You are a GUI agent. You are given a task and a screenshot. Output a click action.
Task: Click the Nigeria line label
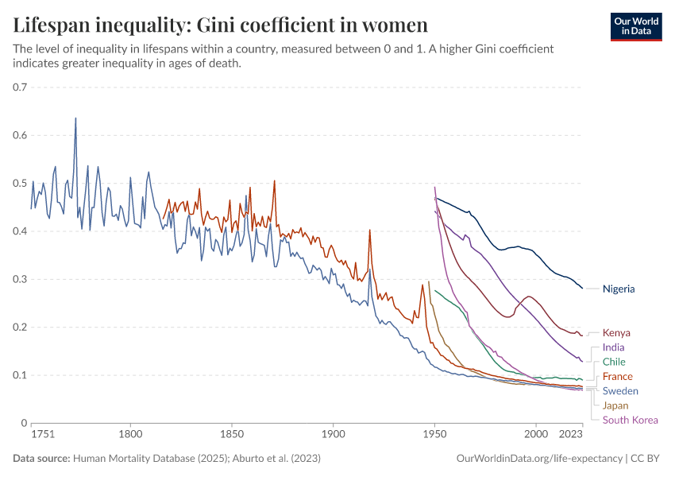pyautogui.click(x=619, y=289)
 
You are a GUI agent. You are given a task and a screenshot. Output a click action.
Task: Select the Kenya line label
pyautogui.click(x=616, y=333)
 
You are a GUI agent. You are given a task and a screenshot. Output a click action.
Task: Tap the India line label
pyautogui.click(x=614, y=347)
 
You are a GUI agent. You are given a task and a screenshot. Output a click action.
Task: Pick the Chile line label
pyautogui.click(x=615, y=362)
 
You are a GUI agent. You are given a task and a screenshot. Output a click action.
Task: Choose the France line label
pyautogui.click(x=617, y=376)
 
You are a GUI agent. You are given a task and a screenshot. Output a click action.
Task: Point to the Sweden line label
pyautogui.click(x=620, y=390)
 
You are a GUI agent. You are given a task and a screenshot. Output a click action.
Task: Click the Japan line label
pyautogui.click(x=615, y=405)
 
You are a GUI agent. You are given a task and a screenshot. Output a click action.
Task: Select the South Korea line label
pyautogui.click(x=630, y=420)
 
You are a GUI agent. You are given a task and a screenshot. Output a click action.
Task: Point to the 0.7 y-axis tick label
pyautogui.click(x=20, y=87)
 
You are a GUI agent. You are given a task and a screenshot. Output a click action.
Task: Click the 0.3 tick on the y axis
pyautogui.click(x=20, y=279)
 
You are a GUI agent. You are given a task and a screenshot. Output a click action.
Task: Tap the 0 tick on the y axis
pyautogui.click(x=24, y=423)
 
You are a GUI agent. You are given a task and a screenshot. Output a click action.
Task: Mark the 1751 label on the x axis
pyautogui.click(x=42, y=435)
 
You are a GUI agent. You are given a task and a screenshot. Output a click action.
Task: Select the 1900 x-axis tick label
pyautogui.click(x=334, y=435)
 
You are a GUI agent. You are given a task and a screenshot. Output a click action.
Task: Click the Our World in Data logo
pyautogui.click(x=636, y=25)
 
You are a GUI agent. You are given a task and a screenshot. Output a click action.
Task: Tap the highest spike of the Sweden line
pyautogui.click(x=75, y=118)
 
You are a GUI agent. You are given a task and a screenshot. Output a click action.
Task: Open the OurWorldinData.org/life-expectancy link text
pyautogui.click(x=540, y=459)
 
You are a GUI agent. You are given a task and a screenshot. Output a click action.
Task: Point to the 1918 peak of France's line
pyautogui.click(x=370, y=231)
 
